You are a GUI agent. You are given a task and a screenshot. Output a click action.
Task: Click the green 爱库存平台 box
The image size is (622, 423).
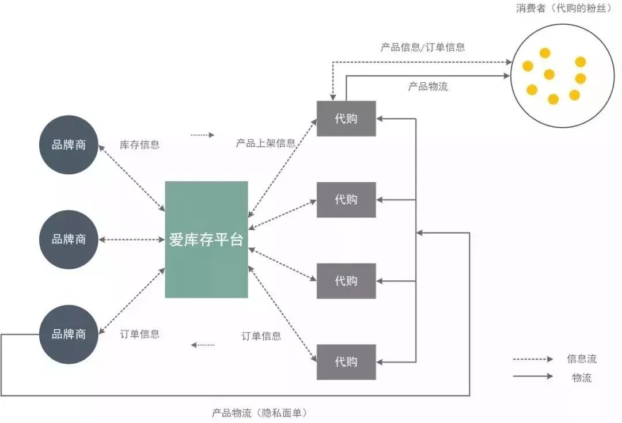pos(206,239)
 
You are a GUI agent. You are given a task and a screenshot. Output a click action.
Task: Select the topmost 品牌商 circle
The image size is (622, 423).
pos(69,144)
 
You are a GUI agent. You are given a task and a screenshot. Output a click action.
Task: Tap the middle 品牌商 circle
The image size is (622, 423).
pos(69,239)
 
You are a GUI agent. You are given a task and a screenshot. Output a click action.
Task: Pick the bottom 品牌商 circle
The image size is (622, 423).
pos(69,334)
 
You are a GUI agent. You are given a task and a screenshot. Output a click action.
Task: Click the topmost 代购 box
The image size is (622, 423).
pos(346,119)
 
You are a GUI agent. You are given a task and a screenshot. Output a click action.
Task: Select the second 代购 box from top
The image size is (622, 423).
pos(346,200)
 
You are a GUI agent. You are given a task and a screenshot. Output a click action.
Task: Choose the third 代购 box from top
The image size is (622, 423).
pos(346,281)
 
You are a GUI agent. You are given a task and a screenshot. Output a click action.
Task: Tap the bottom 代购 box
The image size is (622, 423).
pos(346,362)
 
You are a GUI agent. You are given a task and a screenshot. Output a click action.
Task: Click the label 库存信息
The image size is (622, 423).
pos(139,144)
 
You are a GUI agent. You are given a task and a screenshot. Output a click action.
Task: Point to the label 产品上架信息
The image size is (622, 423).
pos(266,143)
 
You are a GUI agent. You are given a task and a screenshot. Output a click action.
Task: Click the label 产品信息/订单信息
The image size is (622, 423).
pos(422,47)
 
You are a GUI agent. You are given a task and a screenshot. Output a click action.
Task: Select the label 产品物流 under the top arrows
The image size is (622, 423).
pos(428,86)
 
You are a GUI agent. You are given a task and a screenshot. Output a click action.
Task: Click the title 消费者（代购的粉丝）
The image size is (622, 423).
pos(563,9)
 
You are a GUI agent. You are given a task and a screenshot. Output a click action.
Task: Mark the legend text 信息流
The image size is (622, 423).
pos(582,359)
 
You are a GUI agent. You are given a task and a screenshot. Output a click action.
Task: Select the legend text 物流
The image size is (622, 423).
pos(582,378)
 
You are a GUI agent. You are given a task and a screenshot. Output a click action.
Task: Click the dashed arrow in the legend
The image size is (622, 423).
pos(533,359)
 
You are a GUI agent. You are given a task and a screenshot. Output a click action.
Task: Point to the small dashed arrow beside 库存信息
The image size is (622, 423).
pos(202,135)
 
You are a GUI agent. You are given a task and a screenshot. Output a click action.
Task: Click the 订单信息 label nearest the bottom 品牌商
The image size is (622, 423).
pos(139,334)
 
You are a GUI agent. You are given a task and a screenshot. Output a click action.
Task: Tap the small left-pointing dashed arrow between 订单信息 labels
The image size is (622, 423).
pos(203,345)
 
